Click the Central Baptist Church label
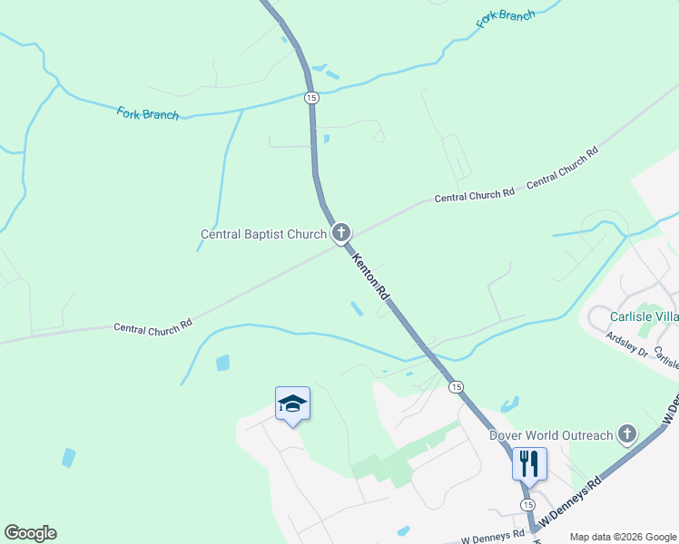tap(262, 235)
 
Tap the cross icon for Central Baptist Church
tap(341, 234)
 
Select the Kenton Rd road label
tap(371, 277)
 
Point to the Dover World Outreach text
tap(552, 435)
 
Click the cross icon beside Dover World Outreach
tap(626, 434)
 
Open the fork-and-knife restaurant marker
tap(529, 463)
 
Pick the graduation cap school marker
tap(292, 403)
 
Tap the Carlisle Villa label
tap(644, 317)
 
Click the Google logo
tap(30, 533)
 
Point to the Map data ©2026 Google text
tap(623, 537)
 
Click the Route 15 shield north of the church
tap(311, 97)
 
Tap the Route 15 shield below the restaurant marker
tap(527, 503)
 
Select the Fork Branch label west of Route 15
tap(147, 113)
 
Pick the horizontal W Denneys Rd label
tap(493, 538)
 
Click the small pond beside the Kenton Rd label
tap(357, 309)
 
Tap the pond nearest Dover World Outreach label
tap(510, 404)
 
